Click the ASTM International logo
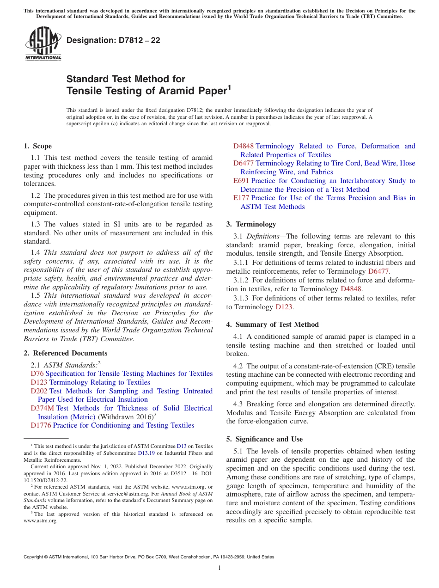pos(43,44)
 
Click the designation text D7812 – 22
pos(113,40)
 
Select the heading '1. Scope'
pos(37,146)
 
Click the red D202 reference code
pos(39,391)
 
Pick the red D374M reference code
pos(42,408)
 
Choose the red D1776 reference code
pos(41,425)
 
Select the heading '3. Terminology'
pos(251,224)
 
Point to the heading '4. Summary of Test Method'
pos(272,325)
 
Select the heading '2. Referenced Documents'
pos(65,353)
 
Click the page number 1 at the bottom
pos(219,568)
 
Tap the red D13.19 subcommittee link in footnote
pos(146,453)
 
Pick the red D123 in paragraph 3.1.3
pos(283,307)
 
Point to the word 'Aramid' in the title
pos(174,91)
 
